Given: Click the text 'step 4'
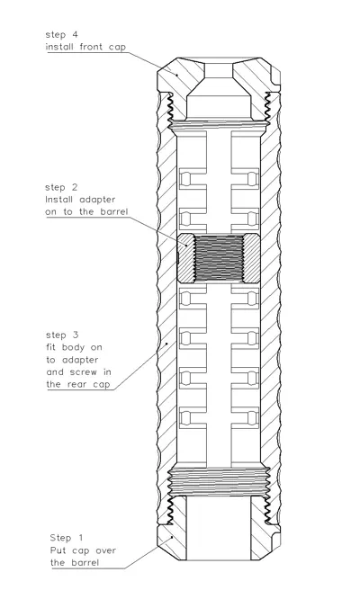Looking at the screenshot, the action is tap(61, 35).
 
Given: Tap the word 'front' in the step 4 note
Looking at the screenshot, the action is tap(91, 47).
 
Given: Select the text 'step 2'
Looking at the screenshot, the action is tap(61, 188).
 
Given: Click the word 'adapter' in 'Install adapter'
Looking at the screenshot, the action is tap(97, 200).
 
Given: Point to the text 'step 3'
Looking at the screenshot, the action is tap(62, 335).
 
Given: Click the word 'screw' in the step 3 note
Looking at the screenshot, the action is tap(84, 372).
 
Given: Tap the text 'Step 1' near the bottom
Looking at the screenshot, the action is tap(66, 538).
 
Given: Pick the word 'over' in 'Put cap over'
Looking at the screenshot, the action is tap(106, 550).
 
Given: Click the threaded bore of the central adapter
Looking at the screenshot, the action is tap(219, 258).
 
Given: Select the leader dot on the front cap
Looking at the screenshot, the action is tap(176, 75).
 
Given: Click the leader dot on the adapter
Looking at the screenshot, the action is tap(187, 246).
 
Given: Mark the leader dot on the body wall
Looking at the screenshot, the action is tap(167, 344).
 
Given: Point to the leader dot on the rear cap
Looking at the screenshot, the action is tap(172, 537).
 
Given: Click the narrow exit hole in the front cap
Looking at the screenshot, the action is tap(219, 70).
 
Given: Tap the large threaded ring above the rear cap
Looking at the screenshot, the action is tap(219, 481).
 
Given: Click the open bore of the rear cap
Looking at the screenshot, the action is tap(219, 528).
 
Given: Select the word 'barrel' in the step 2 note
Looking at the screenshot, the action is tap(114, 211).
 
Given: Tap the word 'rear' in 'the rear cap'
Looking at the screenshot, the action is tap(77, 384).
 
